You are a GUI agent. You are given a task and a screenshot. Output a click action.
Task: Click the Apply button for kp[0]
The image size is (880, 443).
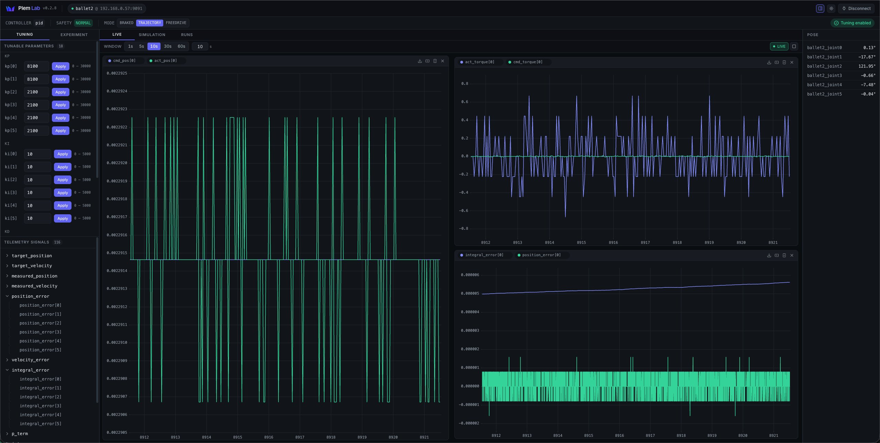pos(60,66)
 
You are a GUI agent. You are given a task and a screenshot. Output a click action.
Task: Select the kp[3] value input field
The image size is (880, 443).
pos(36,105)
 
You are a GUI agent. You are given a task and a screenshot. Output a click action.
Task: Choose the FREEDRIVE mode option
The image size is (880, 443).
pos(176,23)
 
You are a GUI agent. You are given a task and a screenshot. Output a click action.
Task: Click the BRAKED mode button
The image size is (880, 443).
pos(126,23)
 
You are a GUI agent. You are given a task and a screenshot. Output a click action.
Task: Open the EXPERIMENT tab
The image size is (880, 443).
pos(74,35)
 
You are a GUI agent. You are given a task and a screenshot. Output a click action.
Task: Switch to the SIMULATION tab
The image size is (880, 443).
pos(152,35)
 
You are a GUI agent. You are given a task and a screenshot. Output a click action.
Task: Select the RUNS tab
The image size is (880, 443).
pos(187,35)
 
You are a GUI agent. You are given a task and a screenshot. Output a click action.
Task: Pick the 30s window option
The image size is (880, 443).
pos(168,46)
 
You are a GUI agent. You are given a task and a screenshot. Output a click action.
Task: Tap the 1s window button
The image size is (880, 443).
pos(131,46)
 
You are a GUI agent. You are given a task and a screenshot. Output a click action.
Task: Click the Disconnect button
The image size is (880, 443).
pos(856,9)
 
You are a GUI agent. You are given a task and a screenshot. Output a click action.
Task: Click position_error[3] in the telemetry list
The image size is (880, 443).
pos(41,332)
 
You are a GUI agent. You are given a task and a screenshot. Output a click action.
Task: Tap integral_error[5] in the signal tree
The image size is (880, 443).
pos(41,424)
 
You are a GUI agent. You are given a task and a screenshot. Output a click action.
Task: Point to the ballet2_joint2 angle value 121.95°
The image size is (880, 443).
pos(867,66)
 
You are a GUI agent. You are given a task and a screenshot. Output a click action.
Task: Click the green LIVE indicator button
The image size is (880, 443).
pos(779,46)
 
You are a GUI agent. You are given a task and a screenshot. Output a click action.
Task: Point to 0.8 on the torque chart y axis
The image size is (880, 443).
pos(465,84)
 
